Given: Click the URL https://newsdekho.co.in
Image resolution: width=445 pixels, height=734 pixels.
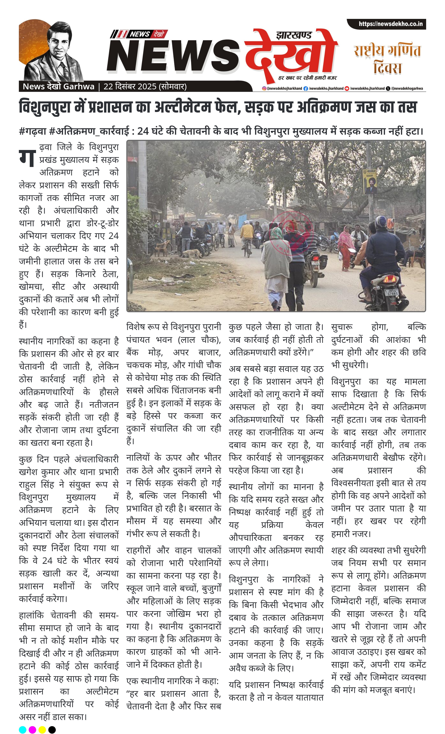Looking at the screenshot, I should pos(390,24).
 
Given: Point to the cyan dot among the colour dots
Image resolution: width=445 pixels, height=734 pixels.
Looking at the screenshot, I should pos(23,729).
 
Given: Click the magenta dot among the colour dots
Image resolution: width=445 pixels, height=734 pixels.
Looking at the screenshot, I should pos(32,729).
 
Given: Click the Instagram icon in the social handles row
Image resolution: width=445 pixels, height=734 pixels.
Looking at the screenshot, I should pos(264,88).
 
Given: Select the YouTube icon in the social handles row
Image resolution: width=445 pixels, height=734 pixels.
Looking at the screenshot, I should pos(347,88).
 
